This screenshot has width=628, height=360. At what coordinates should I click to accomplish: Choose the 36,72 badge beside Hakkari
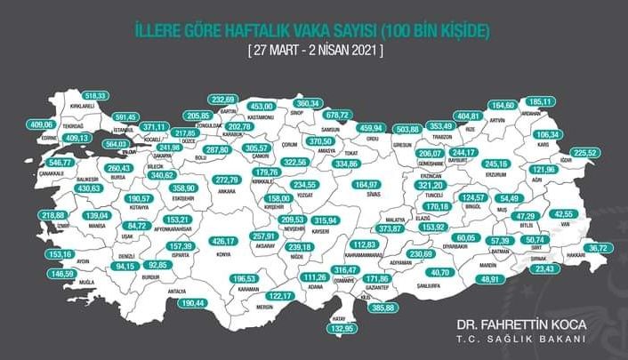pyautogui.click(x=596, y=248)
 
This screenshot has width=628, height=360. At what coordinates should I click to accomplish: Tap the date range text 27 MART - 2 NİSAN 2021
pyautogui.click(x=315, y=50)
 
